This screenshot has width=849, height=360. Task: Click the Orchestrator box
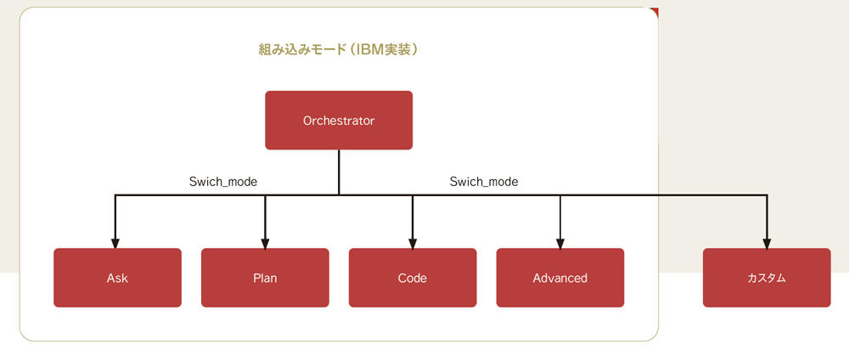[339, 121]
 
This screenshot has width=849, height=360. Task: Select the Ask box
[117, 278]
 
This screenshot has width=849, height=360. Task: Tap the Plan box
[265, 278]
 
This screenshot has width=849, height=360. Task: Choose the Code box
[413, 278]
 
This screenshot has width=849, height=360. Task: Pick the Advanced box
[560, 278]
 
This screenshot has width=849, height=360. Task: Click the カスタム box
[767, 278]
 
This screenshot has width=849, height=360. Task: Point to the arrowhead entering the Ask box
[115, 243]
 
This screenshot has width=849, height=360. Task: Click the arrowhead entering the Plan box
[265, 243]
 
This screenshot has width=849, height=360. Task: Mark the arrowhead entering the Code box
[413, 243]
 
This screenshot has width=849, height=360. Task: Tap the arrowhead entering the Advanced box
[560, 243]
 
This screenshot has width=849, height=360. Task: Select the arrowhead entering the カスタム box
[767, 243]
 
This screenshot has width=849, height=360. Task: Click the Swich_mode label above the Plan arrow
[223, 182]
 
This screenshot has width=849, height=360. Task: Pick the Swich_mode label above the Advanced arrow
[484, 182]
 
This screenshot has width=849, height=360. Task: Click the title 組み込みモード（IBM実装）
[340, 50]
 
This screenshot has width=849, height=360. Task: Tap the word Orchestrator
[339, 121]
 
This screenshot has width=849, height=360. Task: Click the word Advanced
[559, 278]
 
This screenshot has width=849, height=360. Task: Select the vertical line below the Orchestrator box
[339, 172]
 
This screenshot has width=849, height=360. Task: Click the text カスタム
[766, 278]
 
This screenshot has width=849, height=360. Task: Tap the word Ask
[117, 278]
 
